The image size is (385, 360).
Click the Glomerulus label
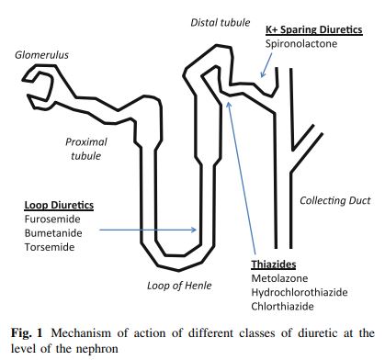click(41, 55)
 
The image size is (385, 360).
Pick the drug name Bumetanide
click(50, 234)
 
